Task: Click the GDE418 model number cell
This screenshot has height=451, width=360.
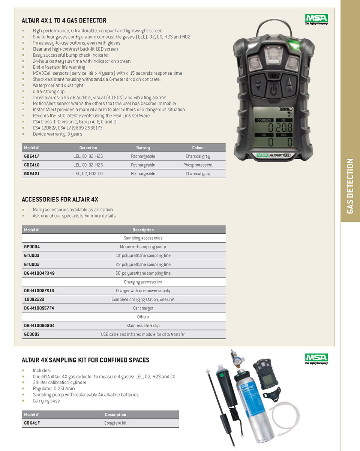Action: pos(32,165)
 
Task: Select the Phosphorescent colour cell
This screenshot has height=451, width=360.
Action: pos(198,165)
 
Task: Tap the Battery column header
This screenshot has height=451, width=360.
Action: pos(143,148)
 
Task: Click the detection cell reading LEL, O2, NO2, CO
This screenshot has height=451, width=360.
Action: pos(88,174)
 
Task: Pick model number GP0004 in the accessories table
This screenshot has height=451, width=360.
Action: pos(32,247)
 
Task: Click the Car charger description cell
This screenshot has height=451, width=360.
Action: pos(143,308)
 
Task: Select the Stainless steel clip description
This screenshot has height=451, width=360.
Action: pos(143,326)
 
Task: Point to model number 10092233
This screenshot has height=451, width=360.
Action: pos(34,299)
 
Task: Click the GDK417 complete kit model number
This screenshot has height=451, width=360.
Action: pos(32,423)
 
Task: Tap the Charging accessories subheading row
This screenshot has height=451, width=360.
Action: pos(143,282)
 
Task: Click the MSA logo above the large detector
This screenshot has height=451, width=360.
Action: pos(316,19)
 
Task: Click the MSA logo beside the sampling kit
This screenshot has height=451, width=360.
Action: pos(316,358)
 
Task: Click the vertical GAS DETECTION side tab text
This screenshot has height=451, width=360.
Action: pos(350,186)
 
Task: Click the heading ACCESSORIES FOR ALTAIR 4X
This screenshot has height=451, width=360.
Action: pos(60,200)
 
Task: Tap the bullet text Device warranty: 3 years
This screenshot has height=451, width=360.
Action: pos(57,134)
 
